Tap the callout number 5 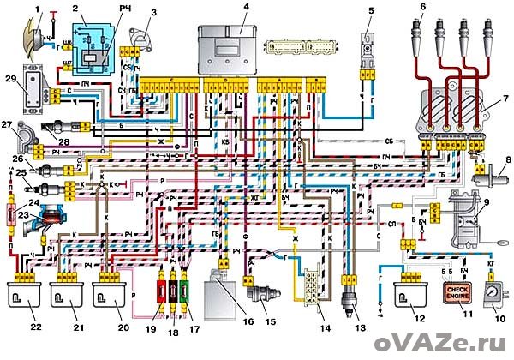click(x=371, y=10)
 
